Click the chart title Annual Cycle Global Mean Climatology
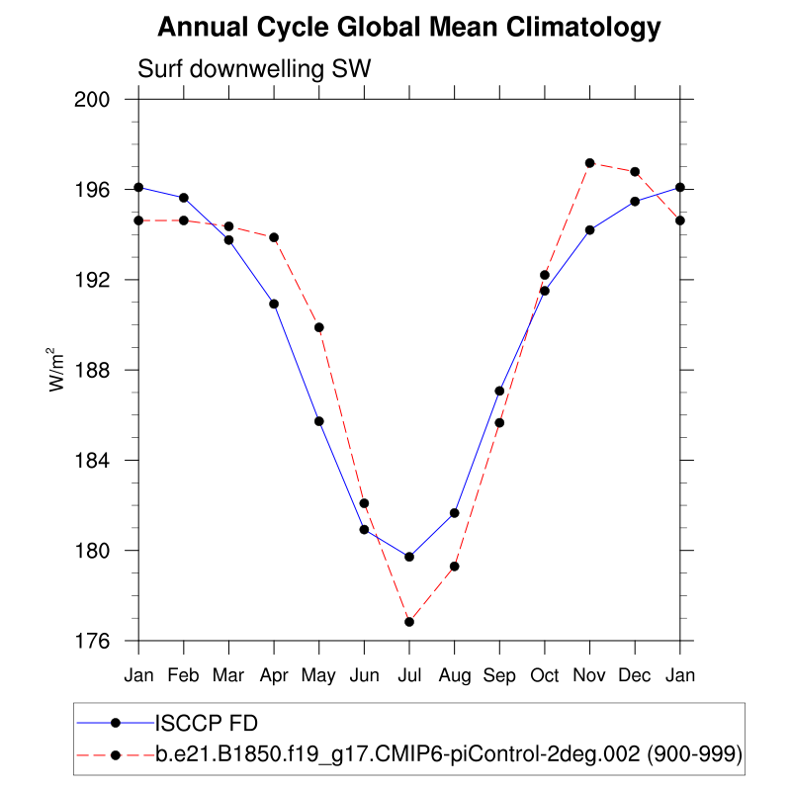coord(409,28)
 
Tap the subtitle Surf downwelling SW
coord(253,69)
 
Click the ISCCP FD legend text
coord(210,722)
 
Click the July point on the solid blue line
coord(409,557)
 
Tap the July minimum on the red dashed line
coord(409,621)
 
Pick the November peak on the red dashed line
coord(590,163)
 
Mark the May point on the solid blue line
coord(319,421)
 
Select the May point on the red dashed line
coord(319,327)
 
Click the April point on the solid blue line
coord(274,304)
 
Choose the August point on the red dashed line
coord(455,567)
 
